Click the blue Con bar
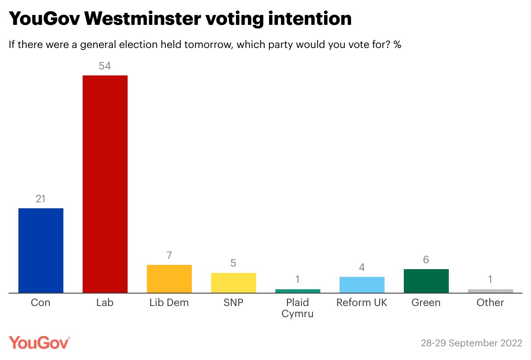[41, 251]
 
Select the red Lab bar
[105, 184]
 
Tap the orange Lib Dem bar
[169, 279]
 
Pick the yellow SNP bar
[233, 283]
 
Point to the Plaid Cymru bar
[298, 291]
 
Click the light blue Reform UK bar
[362, 285]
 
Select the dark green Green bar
[426, 281]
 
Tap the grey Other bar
[490, 291]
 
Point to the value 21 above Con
[41, 199]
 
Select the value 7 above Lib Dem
[169, 255]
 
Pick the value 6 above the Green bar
[426, 260]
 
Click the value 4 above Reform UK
[362, 267]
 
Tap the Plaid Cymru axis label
[298, 308]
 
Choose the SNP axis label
[233, 303]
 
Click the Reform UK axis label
[362, 303]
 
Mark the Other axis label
[490, 303]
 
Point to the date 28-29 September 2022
[471, 343]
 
